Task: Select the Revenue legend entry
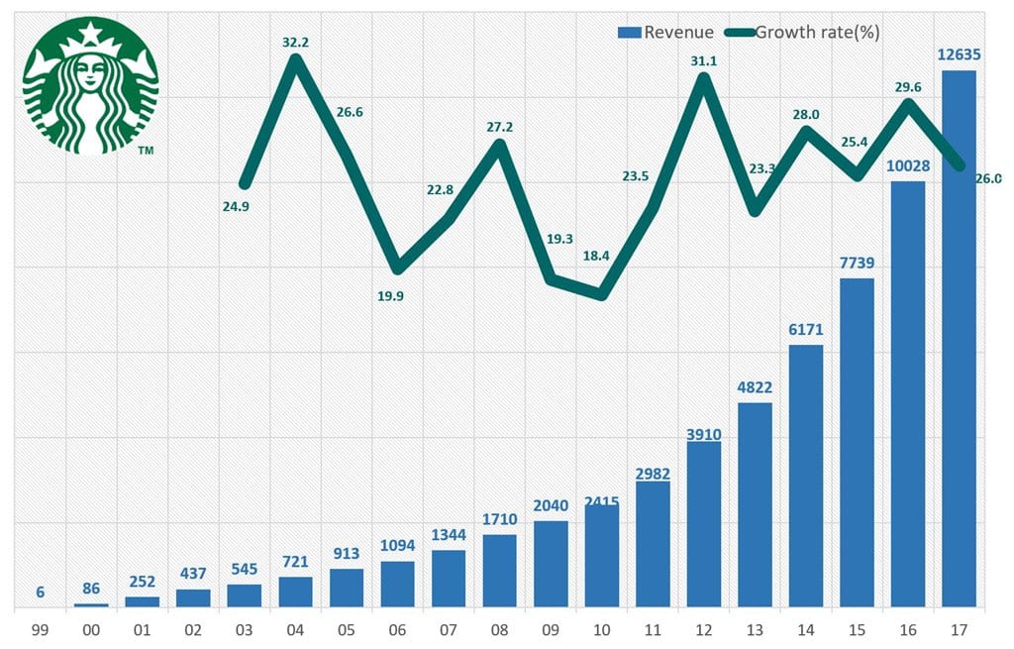click(x=665, y=32)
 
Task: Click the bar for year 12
click(x=704, y=524)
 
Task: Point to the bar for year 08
click(x=500, y=571)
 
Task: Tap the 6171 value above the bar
click(x=807, y=328)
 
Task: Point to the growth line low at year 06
click(x=398, y=269)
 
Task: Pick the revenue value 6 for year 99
click(x=41, y=593)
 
